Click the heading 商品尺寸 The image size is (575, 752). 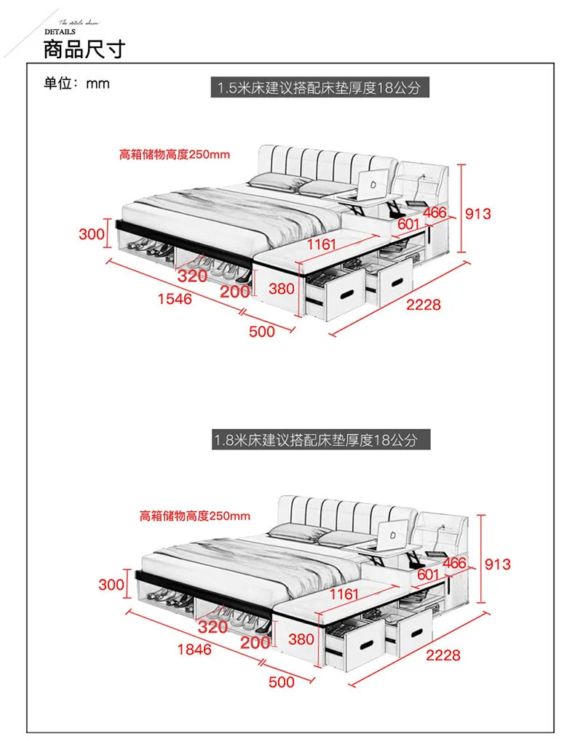tap(84, 49)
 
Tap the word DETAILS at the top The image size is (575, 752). tap(60, 32)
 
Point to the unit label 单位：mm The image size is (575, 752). tap(76, 84)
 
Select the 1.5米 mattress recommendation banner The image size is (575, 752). tap(318, 89)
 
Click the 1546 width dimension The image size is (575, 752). tap(173, 298)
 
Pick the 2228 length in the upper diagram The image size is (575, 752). tap(424, 305)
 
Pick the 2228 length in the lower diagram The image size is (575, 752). tap(443, 655)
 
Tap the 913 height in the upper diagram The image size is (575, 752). tap(478, 213)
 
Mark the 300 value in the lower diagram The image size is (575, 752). tap(112, 584)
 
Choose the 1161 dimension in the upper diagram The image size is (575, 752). tap(322, 244)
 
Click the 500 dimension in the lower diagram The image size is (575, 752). tap(282, 682)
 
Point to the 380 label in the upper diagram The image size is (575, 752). tap(282, 289)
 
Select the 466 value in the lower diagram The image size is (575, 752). tap(454, 563)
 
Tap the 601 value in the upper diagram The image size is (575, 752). tap(409, 225)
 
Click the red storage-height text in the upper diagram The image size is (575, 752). tap(175, 154)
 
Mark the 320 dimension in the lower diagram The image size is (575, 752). tap(213, 627)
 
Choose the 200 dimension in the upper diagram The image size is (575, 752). tap(235, 292)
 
